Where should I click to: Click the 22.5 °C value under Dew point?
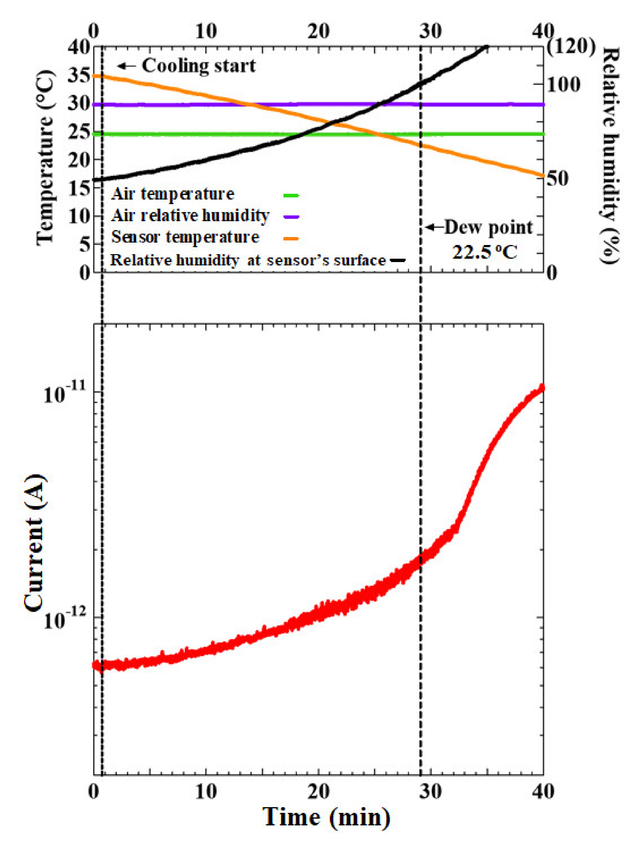484,252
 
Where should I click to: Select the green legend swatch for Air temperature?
291,195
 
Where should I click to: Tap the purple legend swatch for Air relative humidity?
291,217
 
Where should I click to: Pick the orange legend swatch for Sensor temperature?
291,239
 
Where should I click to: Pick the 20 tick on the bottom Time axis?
319,791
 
